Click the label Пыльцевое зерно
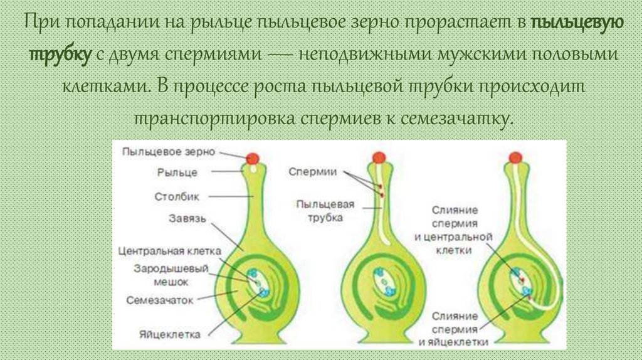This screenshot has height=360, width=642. click(169, 152)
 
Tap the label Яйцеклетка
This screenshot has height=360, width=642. click(171, 334)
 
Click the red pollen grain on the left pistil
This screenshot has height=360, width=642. click(252, 157)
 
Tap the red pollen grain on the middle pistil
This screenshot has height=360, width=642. click(378, 157)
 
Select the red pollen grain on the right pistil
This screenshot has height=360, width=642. click(515, 157)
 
